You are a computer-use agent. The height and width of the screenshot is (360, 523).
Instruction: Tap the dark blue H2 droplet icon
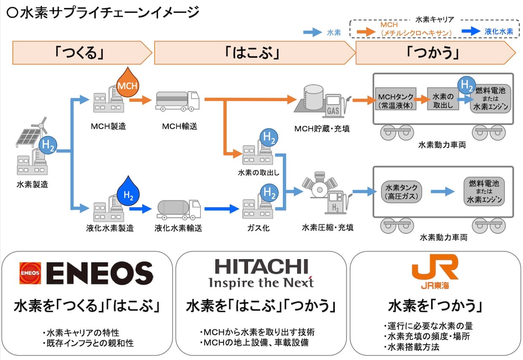pyautogui.click(x=128, y=192)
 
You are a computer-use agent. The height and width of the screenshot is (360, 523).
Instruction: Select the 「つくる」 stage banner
pyautogui.click(x=82, y=53)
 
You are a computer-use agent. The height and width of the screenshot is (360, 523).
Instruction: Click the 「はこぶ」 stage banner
pyautogui.click(x=255, y=53)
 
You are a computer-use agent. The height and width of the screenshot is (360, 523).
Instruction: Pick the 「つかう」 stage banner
pyautogui.click(x=435, y=53)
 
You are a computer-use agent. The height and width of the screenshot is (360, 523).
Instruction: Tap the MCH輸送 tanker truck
pyautogui.click(x=178, y=101)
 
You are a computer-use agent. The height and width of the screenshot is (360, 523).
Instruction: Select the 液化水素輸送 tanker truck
pyautogui.click(x=179, y=210)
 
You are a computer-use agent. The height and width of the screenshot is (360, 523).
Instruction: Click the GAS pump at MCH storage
pyautogui.click(x=336, y=106)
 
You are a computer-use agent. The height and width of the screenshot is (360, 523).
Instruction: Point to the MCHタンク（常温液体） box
pyautogui.click(x=396, y=99)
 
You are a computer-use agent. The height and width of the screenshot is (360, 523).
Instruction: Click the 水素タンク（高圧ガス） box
pyautogui.click(x=402, y=192)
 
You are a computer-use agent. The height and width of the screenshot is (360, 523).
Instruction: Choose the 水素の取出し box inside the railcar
pyautogui.click(x=443, y=99)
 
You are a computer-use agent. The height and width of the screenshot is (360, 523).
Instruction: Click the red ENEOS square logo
pyautogui.click(x=30, y=273)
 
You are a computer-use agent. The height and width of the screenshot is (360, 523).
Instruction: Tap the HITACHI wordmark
pyautogui.click(x=261, y=266)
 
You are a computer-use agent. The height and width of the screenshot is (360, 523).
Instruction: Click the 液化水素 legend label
pyautogui.click(x=499, y=32)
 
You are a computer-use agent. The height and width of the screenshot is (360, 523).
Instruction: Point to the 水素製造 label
pyautogui.click(x=32, y=185)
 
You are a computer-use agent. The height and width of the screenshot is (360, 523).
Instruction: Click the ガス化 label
pyautogui.click(x=258, y=228)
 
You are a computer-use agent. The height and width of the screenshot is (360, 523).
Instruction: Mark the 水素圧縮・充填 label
pyautogui.click(x=328, y=227)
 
